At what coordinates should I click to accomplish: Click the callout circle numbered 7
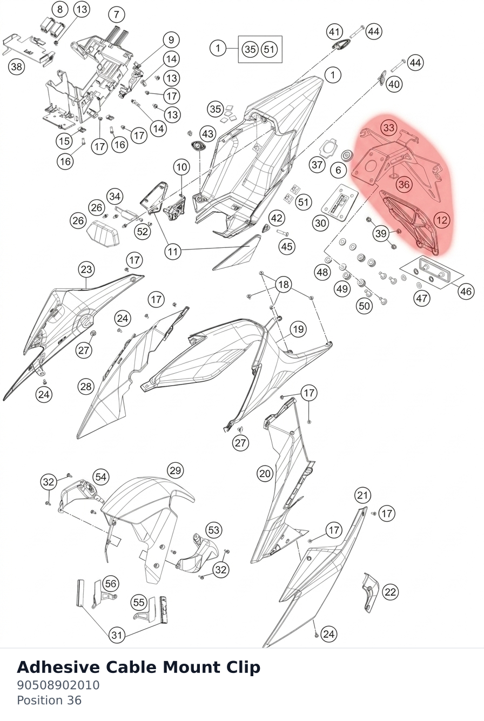[x=116, y=15]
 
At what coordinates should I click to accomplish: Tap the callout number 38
[x=16, y=66]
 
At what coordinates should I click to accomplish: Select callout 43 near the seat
[x=208, y=133]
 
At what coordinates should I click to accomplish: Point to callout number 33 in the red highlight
[x=389, y=128]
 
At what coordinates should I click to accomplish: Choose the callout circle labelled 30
[x=320, y=223]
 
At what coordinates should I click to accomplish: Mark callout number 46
[x=466, y=291]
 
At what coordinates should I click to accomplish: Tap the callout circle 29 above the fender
[x=175, y=470]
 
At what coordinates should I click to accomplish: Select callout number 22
[x=391, y=592]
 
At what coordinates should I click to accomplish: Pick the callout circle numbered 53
[x=214, y=530]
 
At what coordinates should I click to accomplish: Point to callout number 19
[x=298, y=329]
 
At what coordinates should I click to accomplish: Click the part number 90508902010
[x=58, y=685]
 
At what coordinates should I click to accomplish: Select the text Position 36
[x=49, y=700]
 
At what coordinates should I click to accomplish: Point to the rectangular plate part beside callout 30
[x=340, y=203]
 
